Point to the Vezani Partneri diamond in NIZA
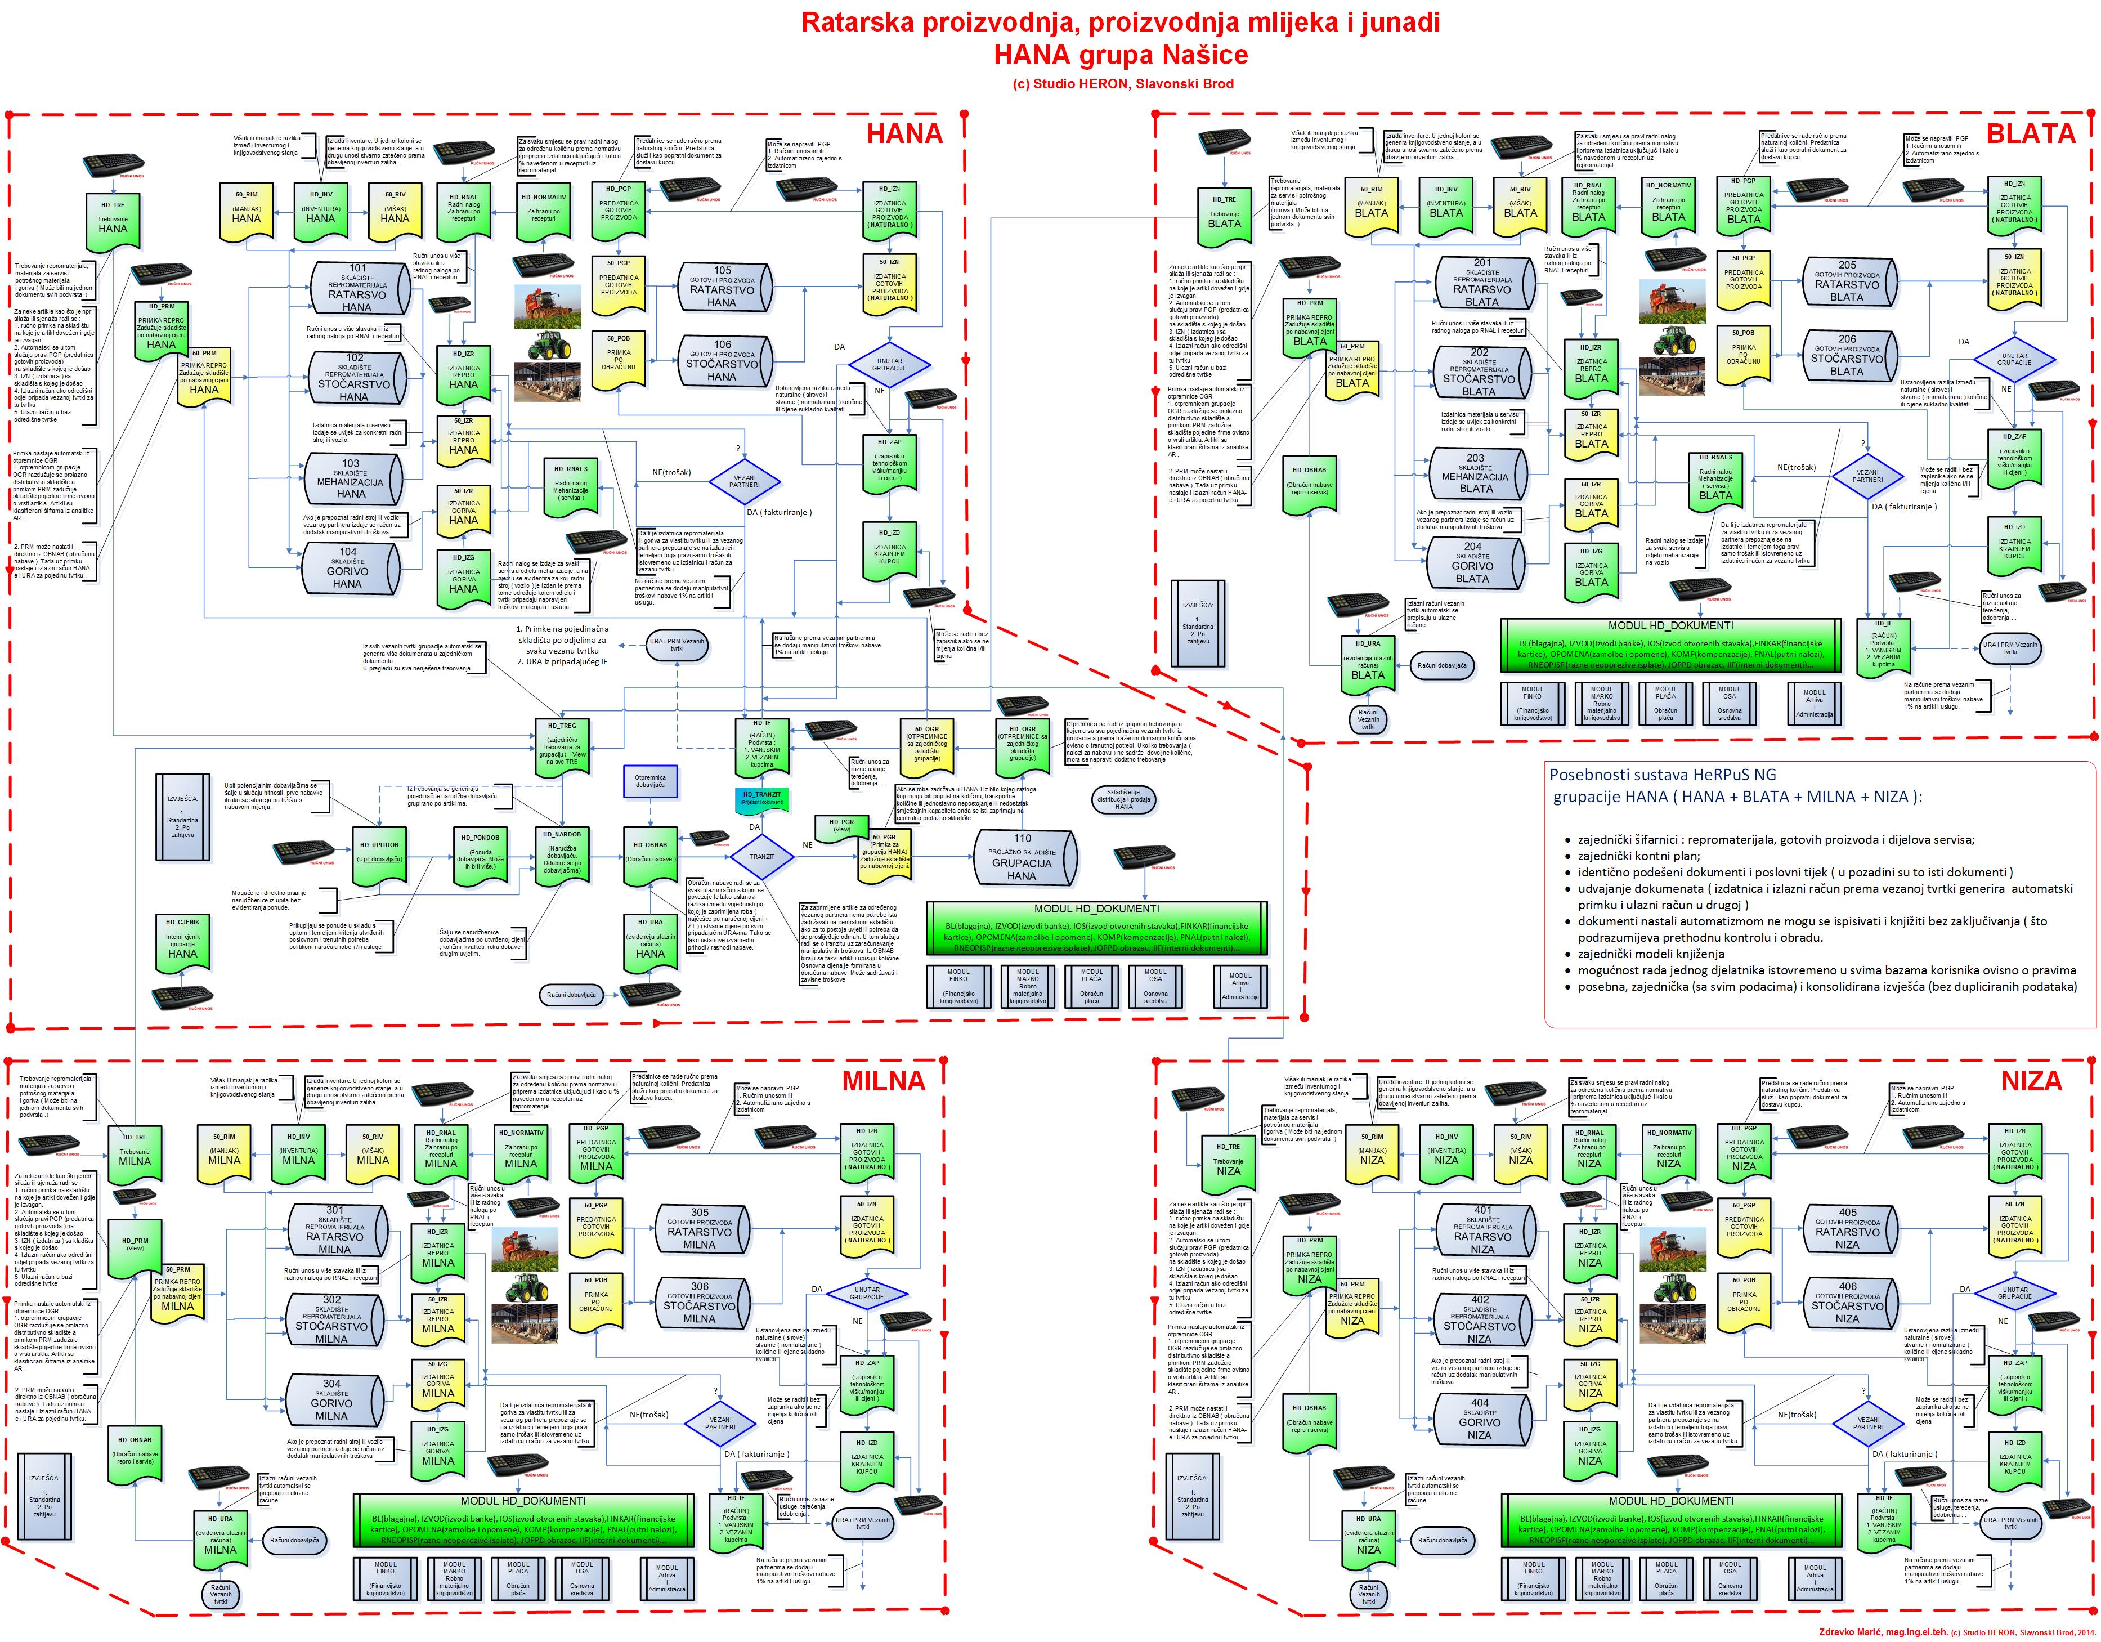pos(1868,1422)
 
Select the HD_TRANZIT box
pos(761,798)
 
